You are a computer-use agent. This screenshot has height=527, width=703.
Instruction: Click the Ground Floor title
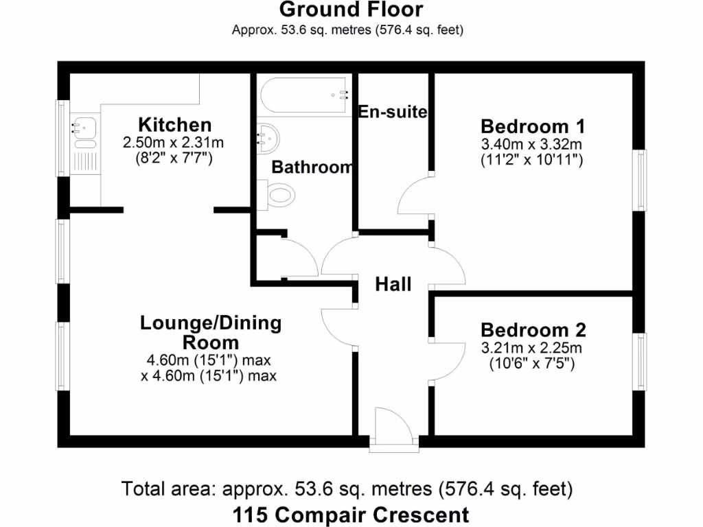point(351,10)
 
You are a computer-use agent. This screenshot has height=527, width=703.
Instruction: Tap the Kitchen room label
point(174,125)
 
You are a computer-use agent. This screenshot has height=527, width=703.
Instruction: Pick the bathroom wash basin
point(269,139)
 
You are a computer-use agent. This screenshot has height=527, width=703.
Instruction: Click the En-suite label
point(393,112)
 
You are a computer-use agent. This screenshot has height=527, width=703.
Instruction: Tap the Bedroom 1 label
point(532,126)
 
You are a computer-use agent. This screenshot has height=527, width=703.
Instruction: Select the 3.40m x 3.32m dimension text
point(532,144)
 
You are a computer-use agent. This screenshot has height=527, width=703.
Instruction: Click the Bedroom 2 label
point(533,330)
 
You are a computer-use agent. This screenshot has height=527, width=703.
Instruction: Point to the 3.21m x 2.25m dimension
point(533,347)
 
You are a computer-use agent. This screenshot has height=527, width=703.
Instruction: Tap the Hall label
point(393,284)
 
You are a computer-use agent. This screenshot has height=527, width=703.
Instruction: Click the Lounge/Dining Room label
point(211,332)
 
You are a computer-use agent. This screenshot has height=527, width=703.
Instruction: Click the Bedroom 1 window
point(640,180)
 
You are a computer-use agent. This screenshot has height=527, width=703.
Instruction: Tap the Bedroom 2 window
point(640,362)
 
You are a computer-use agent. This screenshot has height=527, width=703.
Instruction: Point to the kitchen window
point(62,139)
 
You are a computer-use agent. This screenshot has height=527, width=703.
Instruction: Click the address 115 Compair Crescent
point(351,514)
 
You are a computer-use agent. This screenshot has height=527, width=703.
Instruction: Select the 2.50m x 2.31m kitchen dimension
point(174,143)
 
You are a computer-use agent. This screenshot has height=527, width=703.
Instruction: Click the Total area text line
point(347,489)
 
